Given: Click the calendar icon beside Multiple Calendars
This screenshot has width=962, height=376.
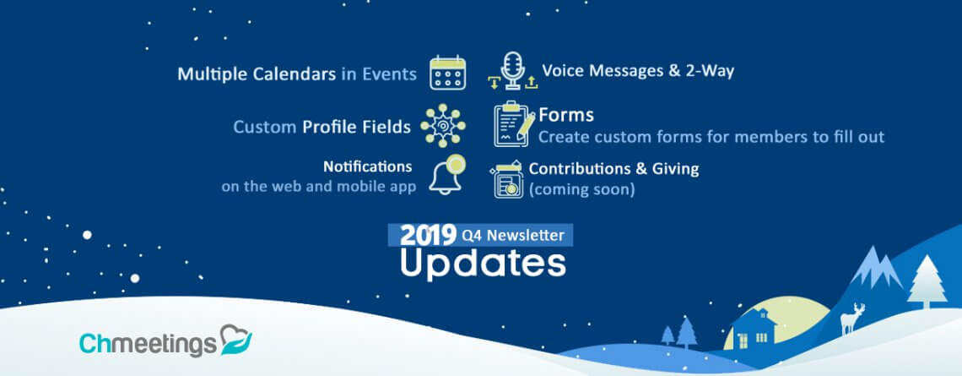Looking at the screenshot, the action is click(x=447, y=73).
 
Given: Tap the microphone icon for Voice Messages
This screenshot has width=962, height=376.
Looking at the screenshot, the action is click(x=512, y=71).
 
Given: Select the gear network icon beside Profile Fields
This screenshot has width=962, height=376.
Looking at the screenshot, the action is click(x=442, y=125).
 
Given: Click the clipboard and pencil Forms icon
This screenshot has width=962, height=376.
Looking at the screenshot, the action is click(x=514, y=124).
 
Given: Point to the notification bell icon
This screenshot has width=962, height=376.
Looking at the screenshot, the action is click(x=446, y=175).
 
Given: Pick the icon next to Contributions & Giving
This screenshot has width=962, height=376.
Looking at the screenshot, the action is click(x=507, y=179).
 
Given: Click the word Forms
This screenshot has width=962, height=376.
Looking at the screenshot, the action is click(x=565, y=115).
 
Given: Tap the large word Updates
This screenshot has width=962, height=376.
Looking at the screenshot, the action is click(x=483, y=264).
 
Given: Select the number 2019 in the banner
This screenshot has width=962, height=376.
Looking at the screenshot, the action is click(x=428, y=235).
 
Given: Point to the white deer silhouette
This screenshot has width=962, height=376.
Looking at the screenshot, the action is click(x=852, y=319).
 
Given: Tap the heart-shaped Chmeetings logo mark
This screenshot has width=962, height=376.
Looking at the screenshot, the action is click(x=235, y=340).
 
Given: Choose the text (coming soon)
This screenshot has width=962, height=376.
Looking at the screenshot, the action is click(x=581, y=189).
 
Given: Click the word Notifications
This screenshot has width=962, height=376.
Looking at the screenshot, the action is click(x=367, y=166).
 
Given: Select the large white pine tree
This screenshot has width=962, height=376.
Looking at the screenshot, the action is click(x=927, y=282).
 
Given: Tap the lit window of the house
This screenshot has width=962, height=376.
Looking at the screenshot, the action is click(x=761, y=337).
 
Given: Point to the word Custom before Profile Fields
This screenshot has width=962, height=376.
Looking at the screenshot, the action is click(x=264, y=128).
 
